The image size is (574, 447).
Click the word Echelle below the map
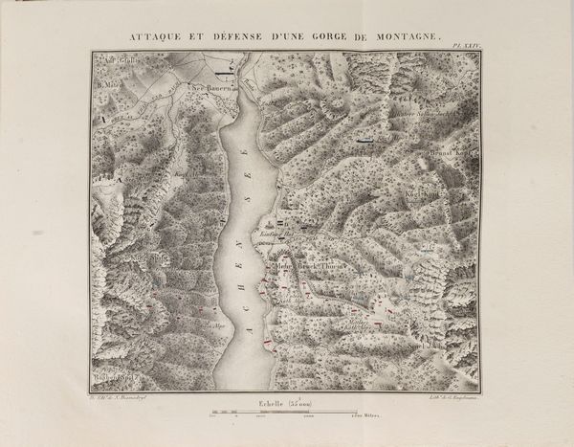pos(271,403)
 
